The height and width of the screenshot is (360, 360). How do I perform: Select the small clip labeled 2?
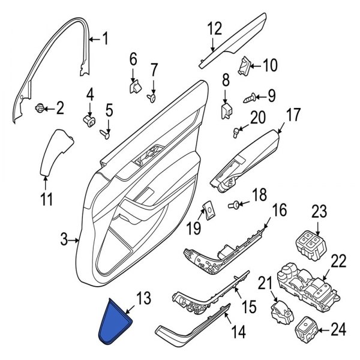tap(40, 108)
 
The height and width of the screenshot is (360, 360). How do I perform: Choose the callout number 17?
tap(292, 113)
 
